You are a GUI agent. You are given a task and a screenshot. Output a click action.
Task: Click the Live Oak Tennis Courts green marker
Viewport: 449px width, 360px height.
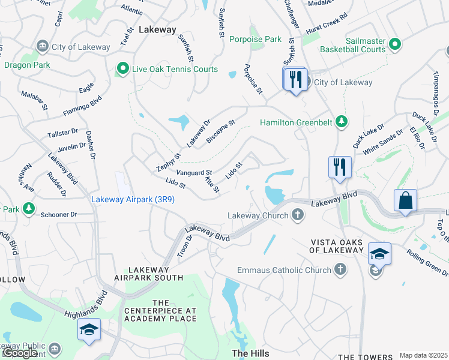coord(123,70)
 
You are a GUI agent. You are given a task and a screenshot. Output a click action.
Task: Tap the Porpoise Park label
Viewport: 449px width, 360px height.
coord(255,40)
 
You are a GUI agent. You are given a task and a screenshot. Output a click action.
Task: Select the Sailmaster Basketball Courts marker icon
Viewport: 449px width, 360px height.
coord(395,44)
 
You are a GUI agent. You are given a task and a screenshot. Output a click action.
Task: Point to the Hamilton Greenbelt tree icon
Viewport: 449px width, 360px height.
coord(342,122)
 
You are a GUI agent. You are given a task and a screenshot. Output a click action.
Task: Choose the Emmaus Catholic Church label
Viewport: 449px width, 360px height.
coord(284,270)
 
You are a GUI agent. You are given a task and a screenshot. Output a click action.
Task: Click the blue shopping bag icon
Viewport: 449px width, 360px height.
coord(405,200)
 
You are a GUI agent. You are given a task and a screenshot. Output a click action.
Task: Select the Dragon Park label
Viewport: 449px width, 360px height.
coord(23,65)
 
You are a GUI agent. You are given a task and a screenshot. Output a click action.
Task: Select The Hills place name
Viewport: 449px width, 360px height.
coord(250,353)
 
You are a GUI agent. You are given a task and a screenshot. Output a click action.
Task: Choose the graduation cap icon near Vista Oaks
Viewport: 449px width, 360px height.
coord(379,254)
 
